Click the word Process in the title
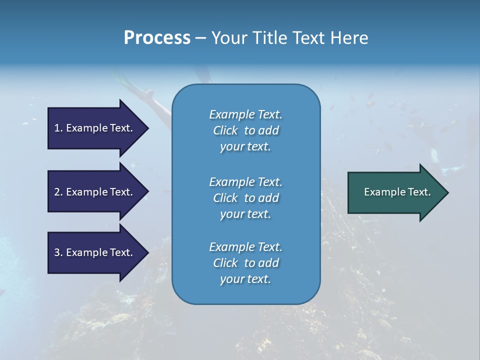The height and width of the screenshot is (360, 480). tap(157, 38)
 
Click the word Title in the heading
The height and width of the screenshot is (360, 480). tap(267, 38)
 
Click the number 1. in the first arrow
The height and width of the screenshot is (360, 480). tap(58, 128)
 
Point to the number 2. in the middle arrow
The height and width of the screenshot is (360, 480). tap(58, 192)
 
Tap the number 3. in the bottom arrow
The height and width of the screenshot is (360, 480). tap(58, 252)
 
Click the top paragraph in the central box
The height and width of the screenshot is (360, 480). tap(245, 130)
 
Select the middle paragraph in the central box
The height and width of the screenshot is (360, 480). tap(245, 197)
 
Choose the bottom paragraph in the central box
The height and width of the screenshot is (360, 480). tap(245, 263)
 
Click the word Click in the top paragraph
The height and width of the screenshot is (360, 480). tap(225, 130)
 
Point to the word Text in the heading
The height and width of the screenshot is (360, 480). tap(309, 38)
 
